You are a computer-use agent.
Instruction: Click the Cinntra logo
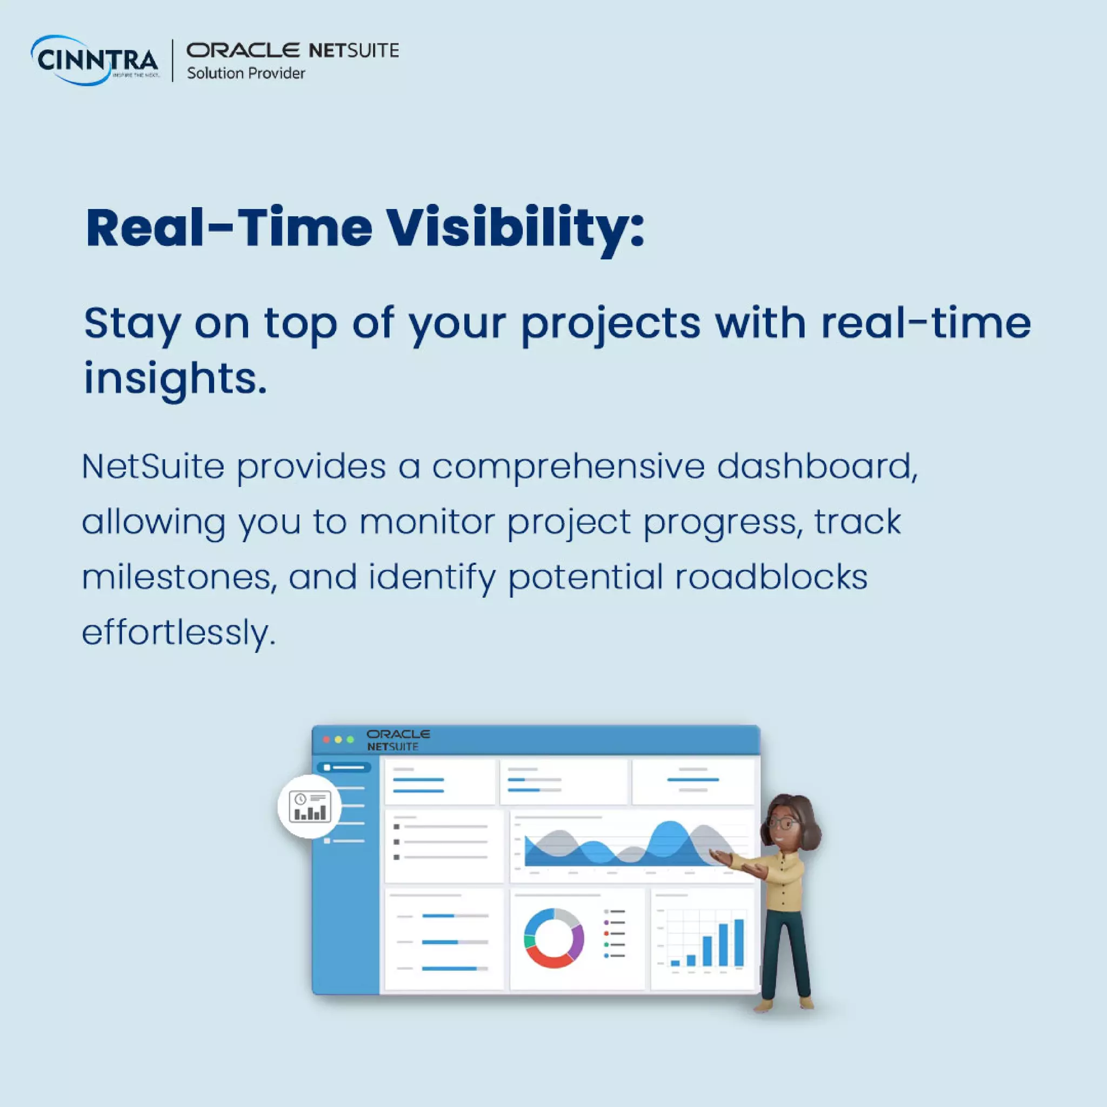coord(95,60)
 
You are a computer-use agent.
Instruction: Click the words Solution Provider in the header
coord(246,74)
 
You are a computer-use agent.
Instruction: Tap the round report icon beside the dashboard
coord(309,806)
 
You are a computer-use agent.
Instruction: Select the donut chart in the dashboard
coord(553,938)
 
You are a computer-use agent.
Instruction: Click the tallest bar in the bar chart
coord(738,943)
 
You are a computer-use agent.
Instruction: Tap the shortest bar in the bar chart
coord(675,963)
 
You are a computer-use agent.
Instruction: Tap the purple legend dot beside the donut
coord(606,922)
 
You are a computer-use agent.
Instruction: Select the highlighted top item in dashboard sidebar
coord(344,767)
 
